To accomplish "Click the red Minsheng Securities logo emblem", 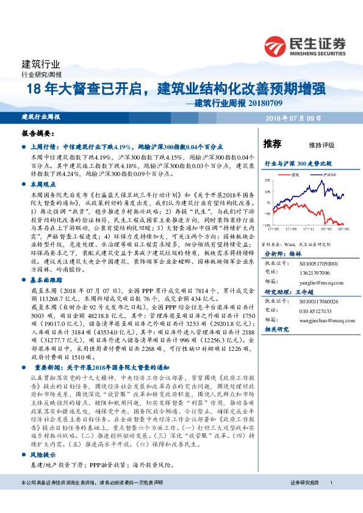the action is pos(275,45).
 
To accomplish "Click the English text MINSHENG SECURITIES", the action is pos(318,52).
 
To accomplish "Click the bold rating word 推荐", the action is pos(272,144).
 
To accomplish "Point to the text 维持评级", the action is pos(322,145).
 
